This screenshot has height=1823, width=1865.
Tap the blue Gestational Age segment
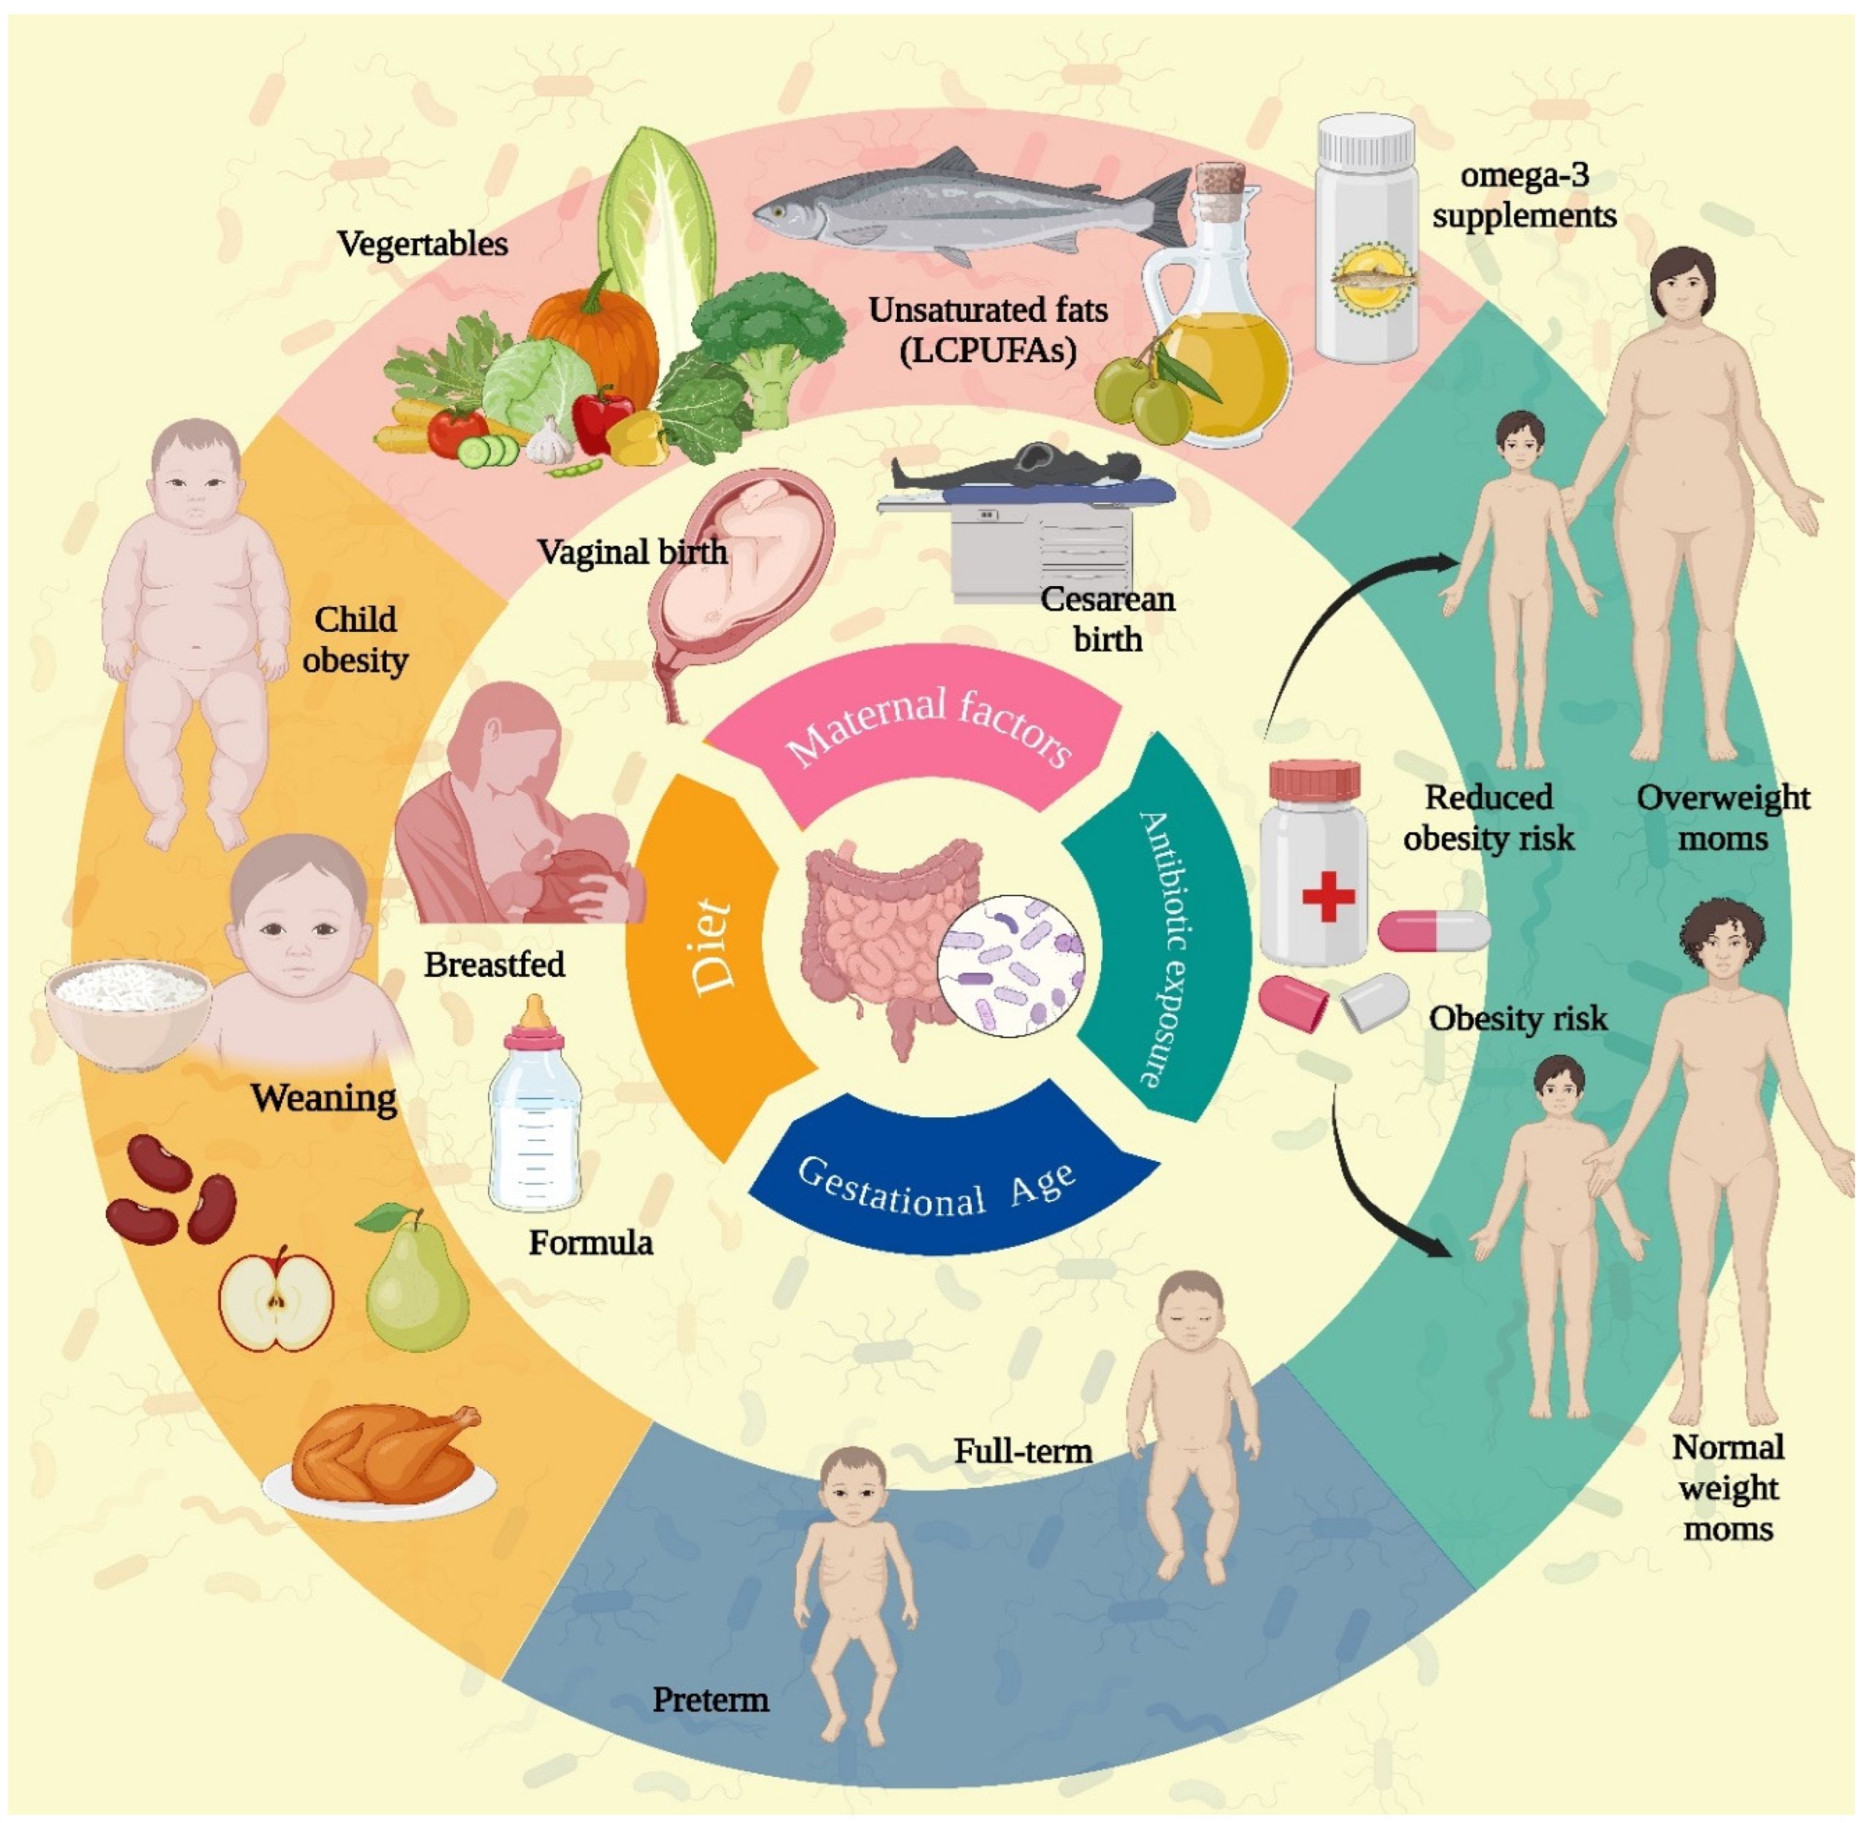943,1187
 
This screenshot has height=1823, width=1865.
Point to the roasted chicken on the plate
383,1455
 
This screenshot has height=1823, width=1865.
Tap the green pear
417,1283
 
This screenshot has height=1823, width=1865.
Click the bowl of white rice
129,1010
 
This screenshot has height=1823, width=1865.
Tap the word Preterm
711,1700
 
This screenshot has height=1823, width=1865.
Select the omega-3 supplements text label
1524,196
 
